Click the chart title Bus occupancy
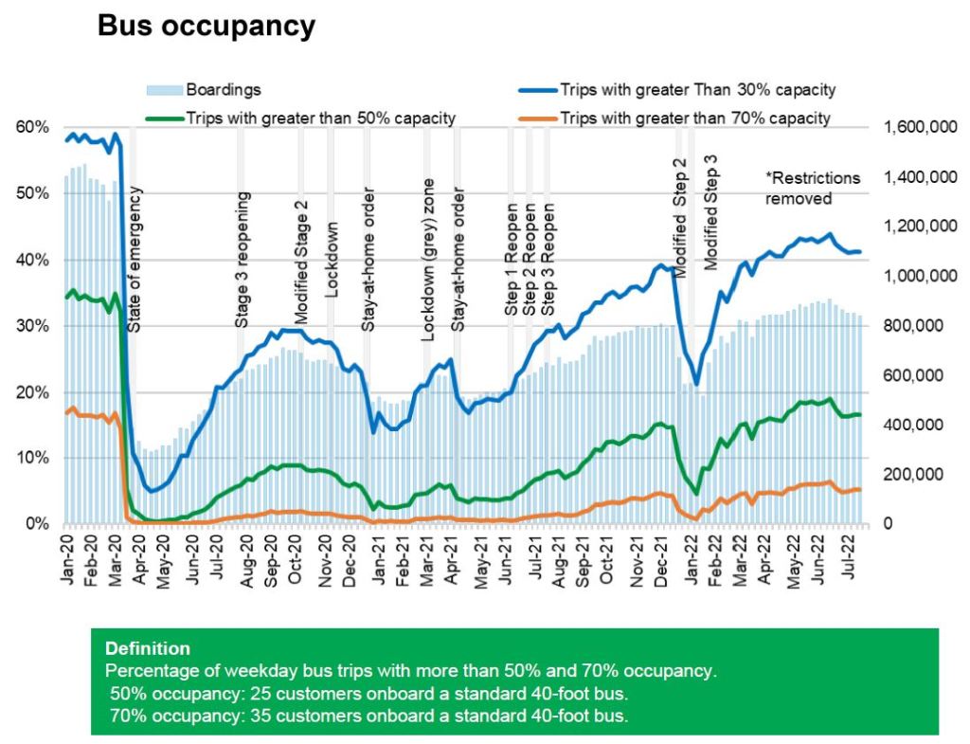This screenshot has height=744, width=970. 207,27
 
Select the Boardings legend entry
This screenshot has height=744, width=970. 223,90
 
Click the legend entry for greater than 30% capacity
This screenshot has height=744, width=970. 696,90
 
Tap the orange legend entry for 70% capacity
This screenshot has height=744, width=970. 695,118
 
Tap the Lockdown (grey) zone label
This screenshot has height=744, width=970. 428,259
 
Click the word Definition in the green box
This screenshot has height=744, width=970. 147,649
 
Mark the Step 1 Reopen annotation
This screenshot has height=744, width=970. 512,259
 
